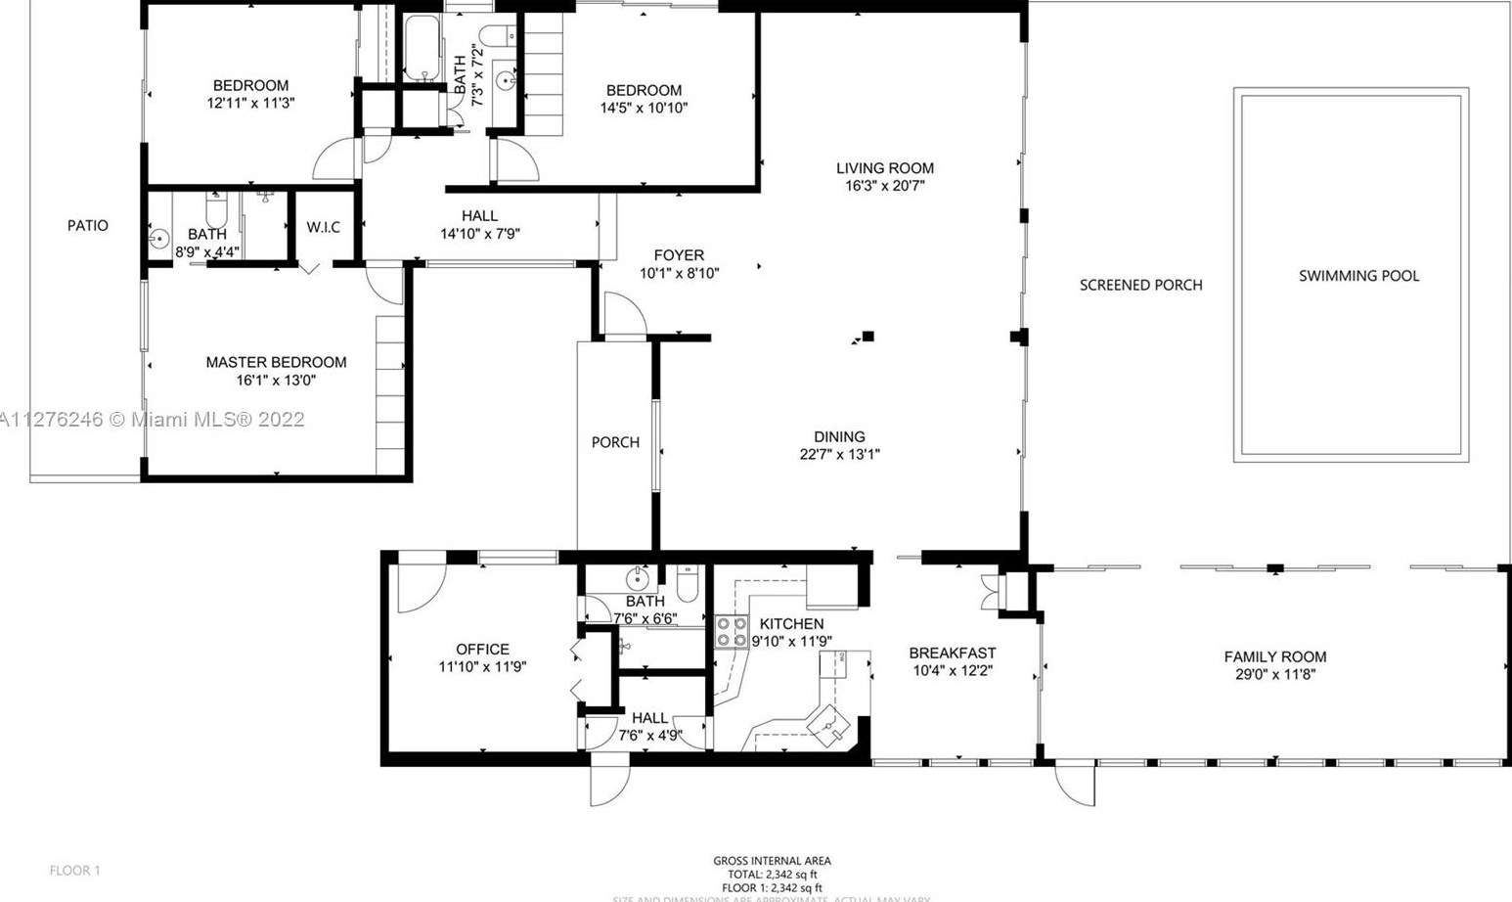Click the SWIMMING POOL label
tap(1358, 276)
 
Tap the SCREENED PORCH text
tap(1140, 286)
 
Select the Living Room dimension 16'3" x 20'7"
tap(884, 186)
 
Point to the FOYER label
tap(679, 255)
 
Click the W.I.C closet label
tap(323, 227)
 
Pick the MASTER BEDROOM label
tap(276, 362)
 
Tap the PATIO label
tap(88, 226)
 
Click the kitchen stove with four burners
tap(731, 631)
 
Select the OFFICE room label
tap(482, 650)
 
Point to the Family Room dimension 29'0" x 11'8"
tap(1275, 674)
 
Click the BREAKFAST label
tap(952, 654)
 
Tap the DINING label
tap(839, 437)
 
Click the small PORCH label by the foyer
tap(615, 442)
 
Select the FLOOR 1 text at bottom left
tap(75, 870)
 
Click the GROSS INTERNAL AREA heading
tap(772, 861)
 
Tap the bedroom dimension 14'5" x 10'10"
tap(644, 108)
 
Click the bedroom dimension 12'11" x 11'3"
tap(250, 103)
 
